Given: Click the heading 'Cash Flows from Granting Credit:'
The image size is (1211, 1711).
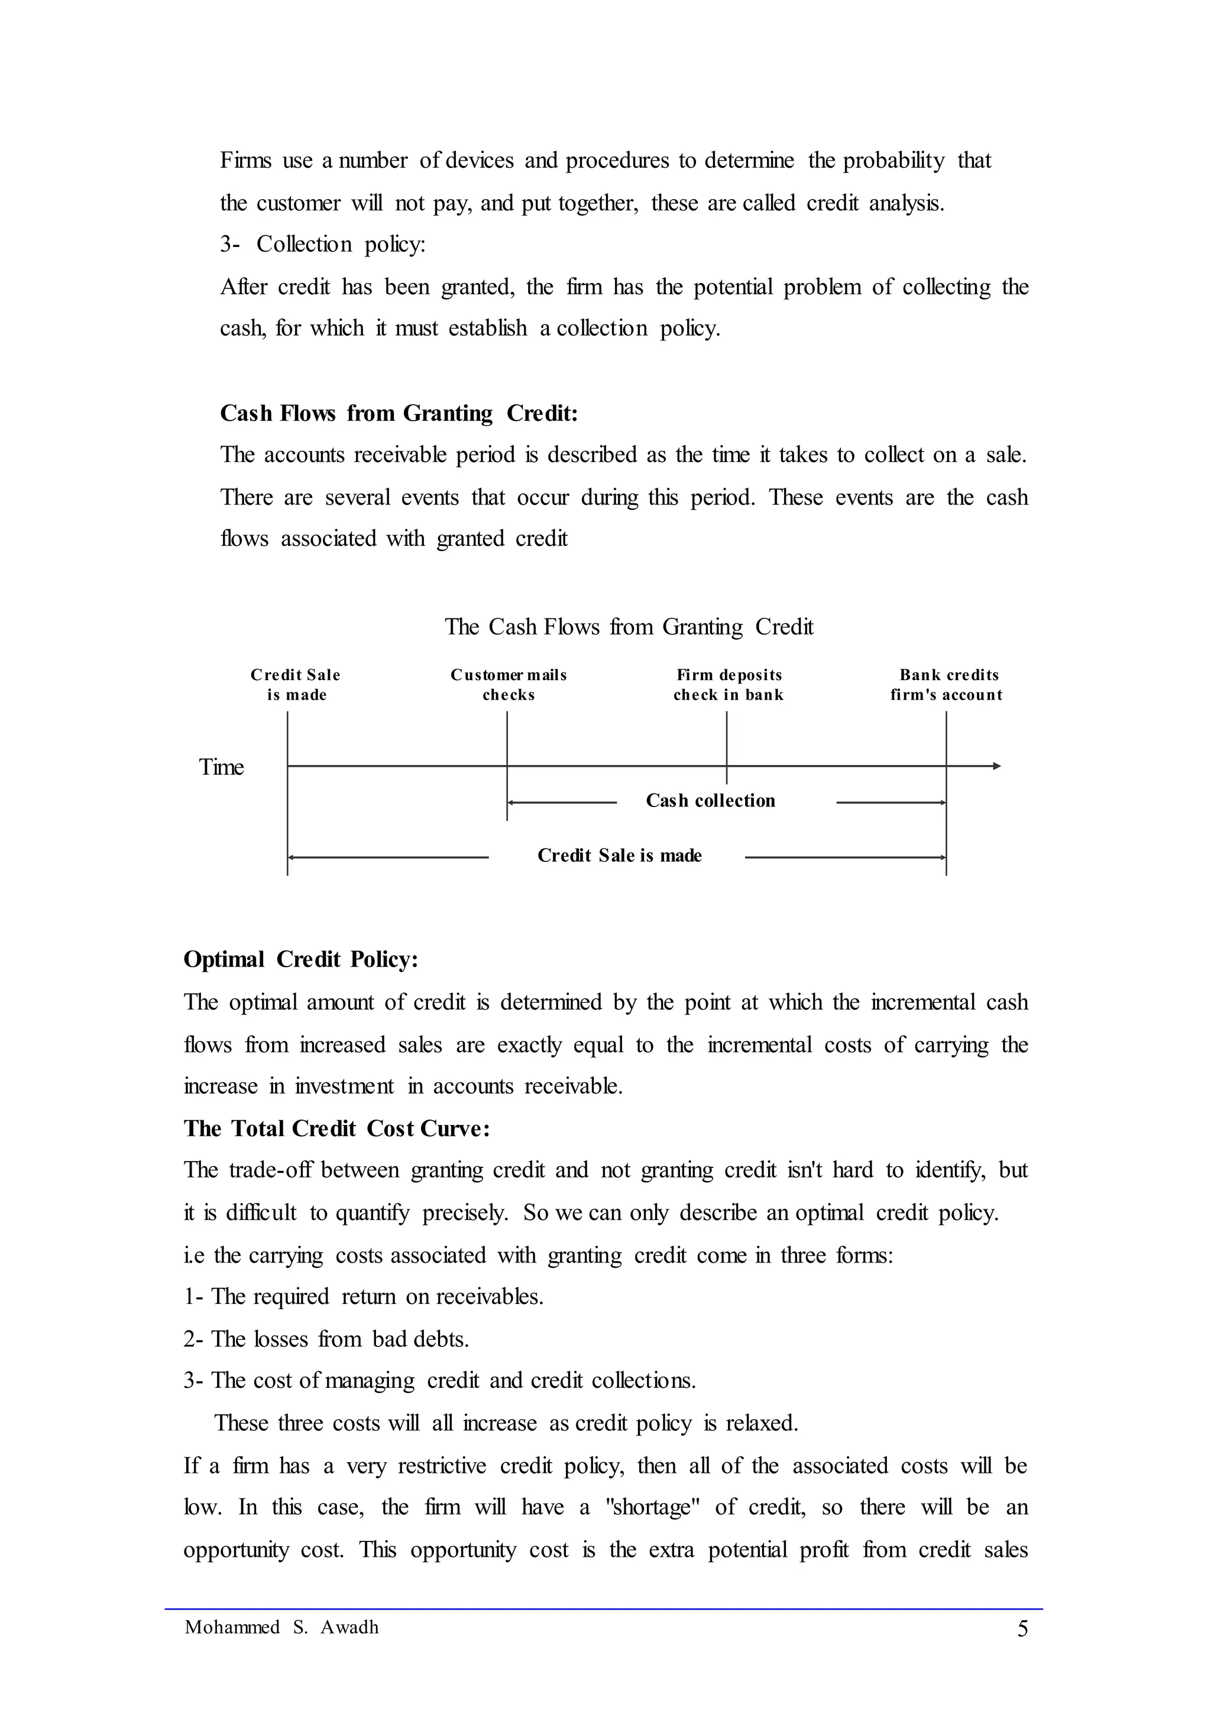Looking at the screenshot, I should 399,414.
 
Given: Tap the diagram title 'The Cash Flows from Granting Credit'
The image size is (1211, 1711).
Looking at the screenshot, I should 629,627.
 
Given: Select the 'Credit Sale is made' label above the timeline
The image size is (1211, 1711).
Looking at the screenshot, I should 296,685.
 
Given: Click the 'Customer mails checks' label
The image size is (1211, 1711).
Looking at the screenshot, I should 509,685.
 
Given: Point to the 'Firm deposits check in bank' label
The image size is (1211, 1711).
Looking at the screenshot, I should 728,685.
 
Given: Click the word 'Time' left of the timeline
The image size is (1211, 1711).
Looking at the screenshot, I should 222,767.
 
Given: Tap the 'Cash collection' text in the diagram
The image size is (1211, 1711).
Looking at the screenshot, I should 710,801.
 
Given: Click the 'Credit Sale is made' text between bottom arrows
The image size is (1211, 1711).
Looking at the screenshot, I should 619,855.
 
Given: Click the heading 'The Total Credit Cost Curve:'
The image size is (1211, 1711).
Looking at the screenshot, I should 336,1129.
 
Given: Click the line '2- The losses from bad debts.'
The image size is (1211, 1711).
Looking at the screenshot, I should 326,1339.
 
